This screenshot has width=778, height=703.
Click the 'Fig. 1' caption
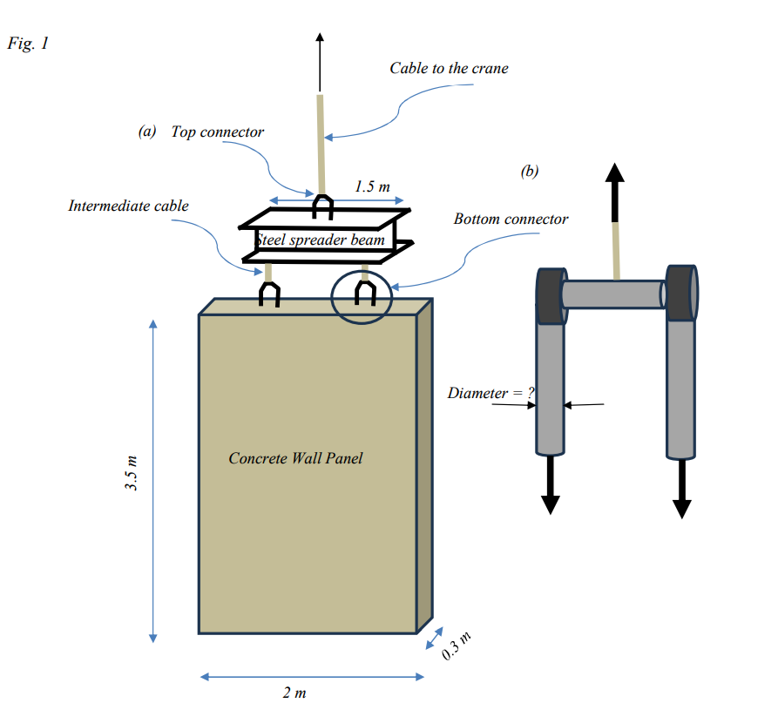27,44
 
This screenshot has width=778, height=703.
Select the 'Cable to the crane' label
448,68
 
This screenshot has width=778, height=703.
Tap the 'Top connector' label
217,132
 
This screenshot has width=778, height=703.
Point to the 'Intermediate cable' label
128,206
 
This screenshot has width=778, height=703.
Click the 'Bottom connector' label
511,219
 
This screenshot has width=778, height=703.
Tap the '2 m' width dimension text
294,693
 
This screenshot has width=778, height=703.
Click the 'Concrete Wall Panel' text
295,457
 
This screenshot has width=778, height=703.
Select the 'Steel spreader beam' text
314,240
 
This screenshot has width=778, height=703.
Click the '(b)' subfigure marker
529,171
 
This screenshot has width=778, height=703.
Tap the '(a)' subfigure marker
146,132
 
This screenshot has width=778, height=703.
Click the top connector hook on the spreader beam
322,207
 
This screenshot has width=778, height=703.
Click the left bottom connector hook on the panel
269,295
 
